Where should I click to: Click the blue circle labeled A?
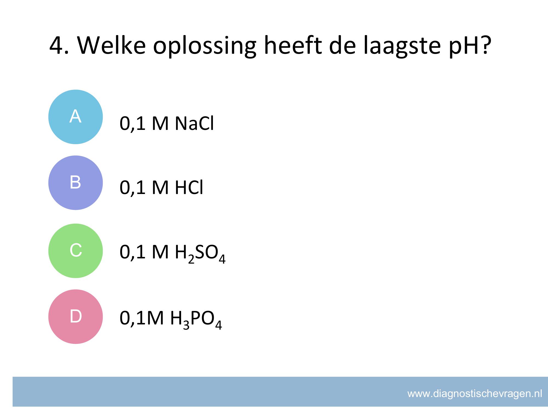76,117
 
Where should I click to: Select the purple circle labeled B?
76,183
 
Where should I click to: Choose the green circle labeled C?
76,251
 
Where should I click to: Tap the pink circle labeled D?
76,317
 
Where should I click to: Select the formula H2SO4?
200,253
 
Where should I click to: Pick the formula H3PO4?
196,319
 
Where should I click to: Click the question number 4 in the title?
56,45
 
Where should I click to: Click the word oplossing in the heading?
205,47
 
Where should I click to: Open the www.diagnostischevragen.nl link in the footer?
475,394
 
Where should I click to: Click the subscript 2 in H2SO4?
191,259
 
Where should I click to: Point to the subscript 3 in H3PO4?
187,325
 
